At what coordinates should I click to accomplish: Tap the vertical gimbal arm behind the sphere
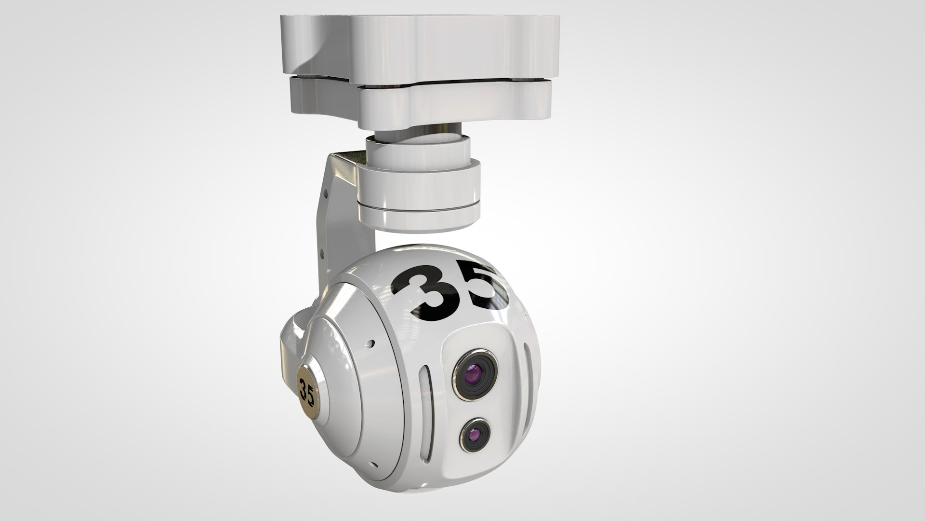coord(332,232)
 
